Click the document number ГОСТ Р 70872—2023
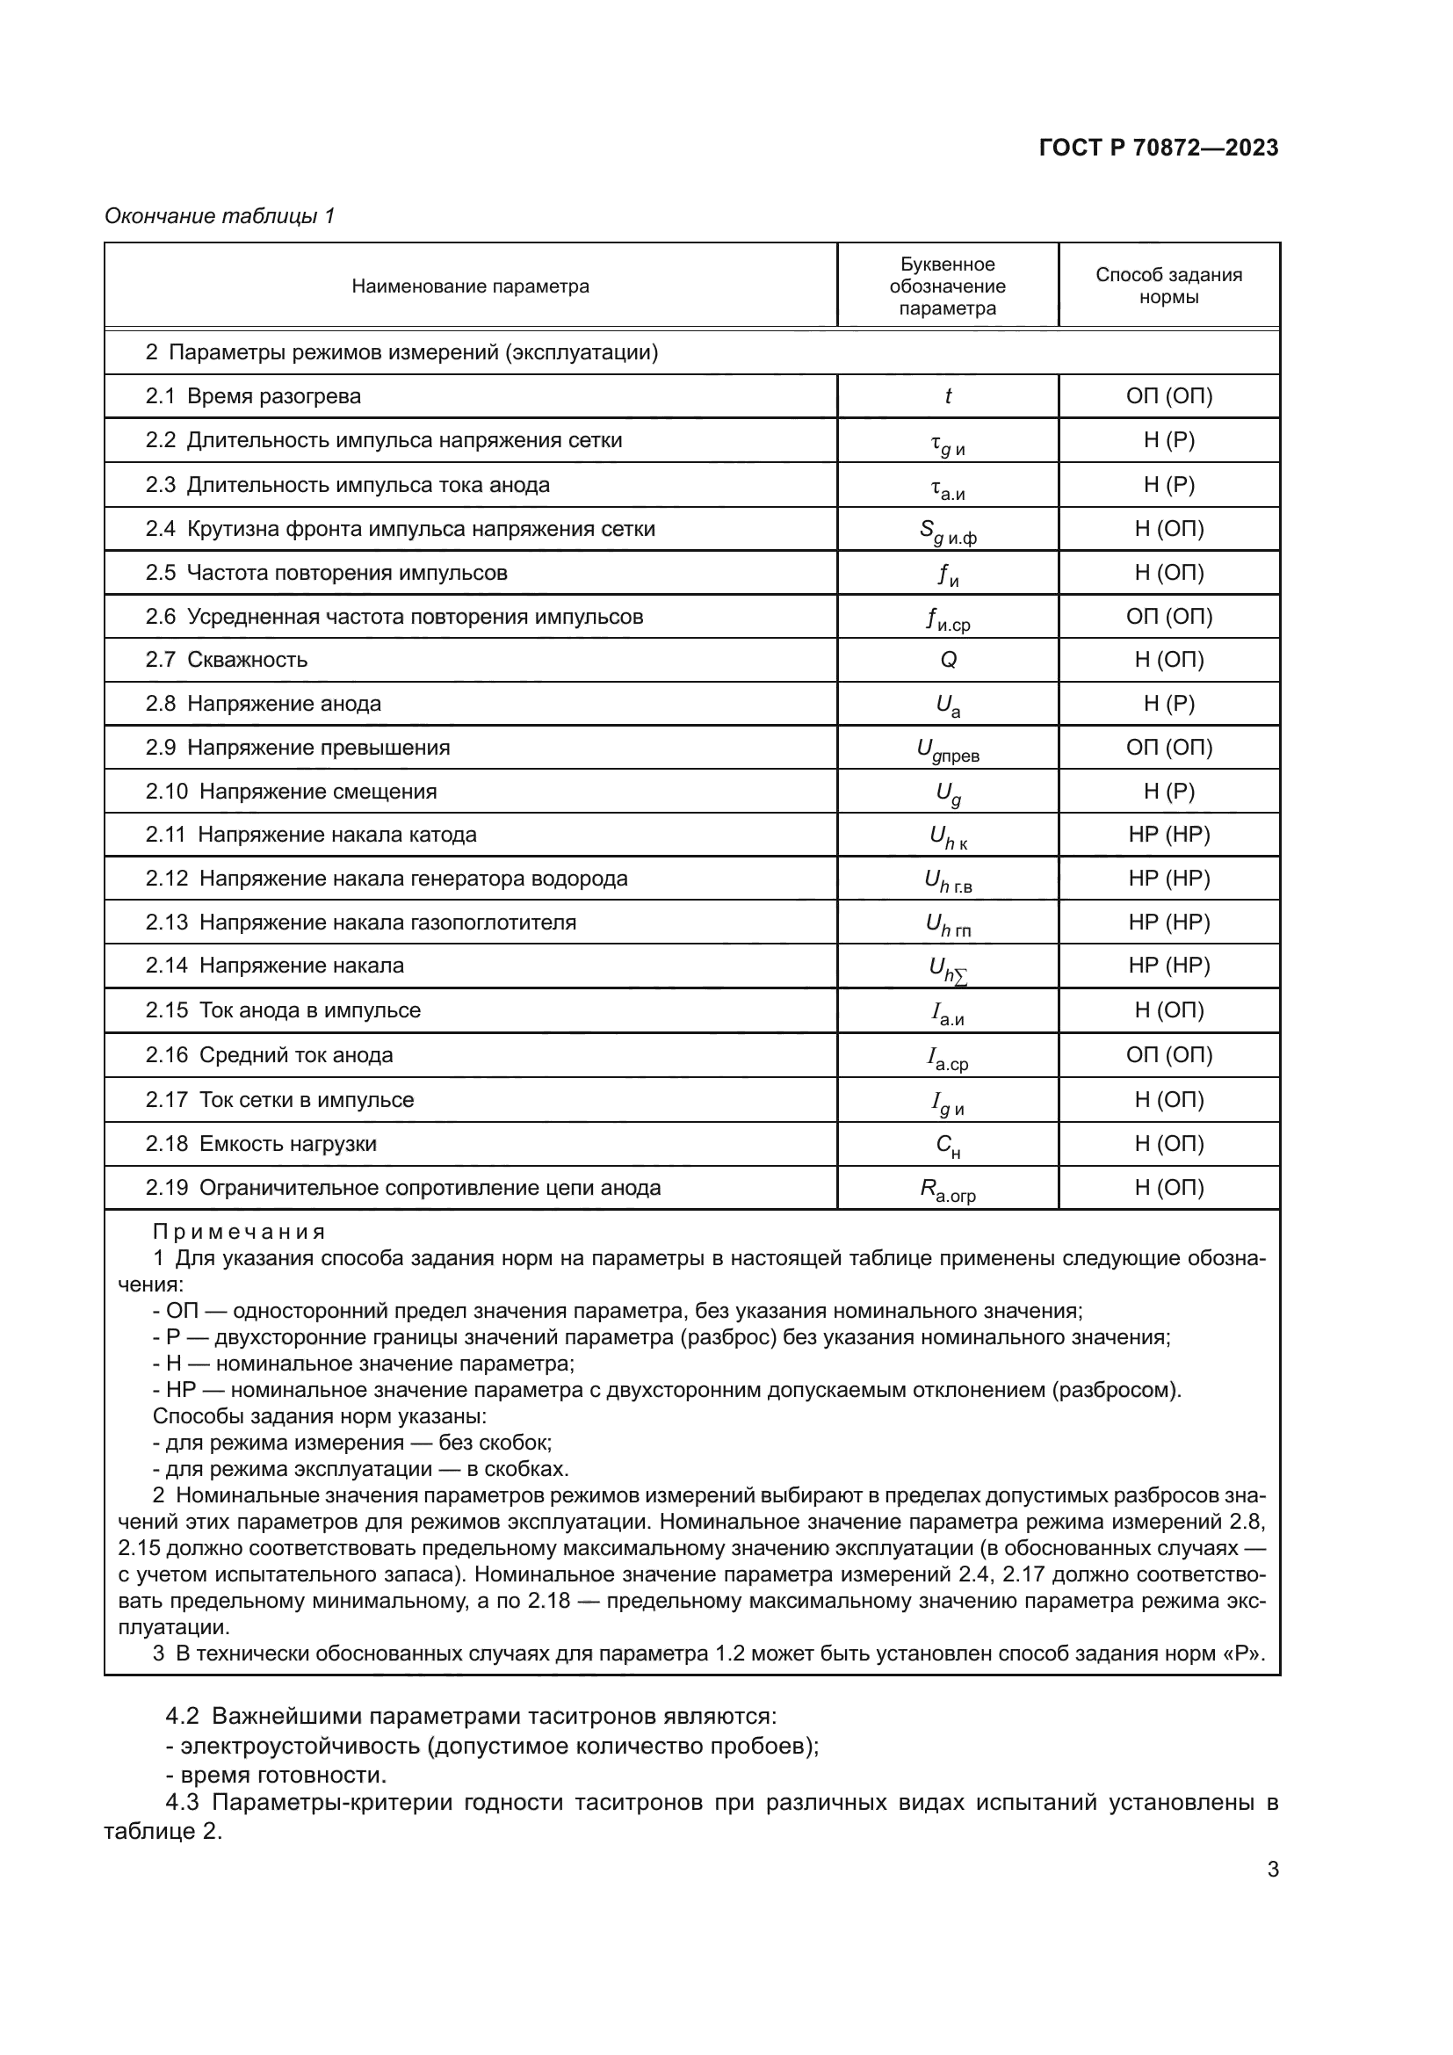(1158, 148)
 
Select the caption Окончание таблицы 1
(220, 216)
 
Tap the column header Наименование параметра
(470, 286)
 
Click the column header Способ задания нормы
(1168, 286)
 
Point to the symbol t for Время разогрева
(948, 396)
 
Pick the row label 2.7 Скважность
(227, 660)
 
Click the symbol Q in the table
(948, 660)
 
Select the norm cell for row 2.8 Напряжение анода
(1168, 704)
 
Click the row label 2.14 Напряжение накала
(275, 966)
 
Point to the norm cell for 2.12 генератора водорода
(1168, 879)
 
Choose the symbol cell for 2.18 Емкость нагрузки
(948, 1145)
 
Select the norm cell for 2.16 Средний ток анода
(1168, 1055)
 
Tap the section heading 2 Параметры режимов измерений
(401, 352)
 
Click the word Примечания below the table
(239, 1232)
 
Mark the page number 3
(1272, 1869)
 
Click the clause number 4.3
(184, 1802)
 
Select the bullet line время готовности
(283, 1775)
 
